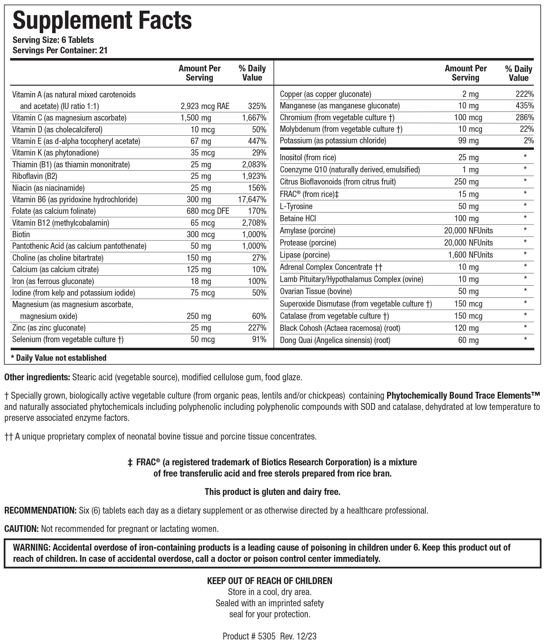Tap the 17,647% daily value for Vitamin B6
click(x=252, y=200)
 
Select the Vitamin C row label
click(x=69, y=118)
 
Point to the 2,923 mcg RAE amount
click(x=205, y=106)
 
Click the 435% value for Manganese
click(x=524, y=106)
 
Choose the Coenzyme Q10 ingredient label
click(x=349, y=170)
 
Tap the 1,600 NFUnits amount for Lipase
click(x=470, y=255)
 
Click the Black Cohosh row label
click(x=340, y=328)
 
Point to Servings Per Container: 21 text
click(x=60, y=51)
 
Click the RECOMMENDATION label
click(x=40, y=511)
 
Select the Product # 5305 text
click(x=249, y=636)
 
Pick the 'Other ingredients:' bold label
click(x=37, y=377)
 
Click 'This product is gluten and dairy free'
click(x=272, y=492)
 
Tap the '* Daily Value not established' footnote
click(x=58, y=358)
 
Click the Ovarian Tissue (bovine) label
click(x=316, y=291)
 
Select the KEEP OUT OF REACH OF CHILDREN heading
click(x=269, y=581)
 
